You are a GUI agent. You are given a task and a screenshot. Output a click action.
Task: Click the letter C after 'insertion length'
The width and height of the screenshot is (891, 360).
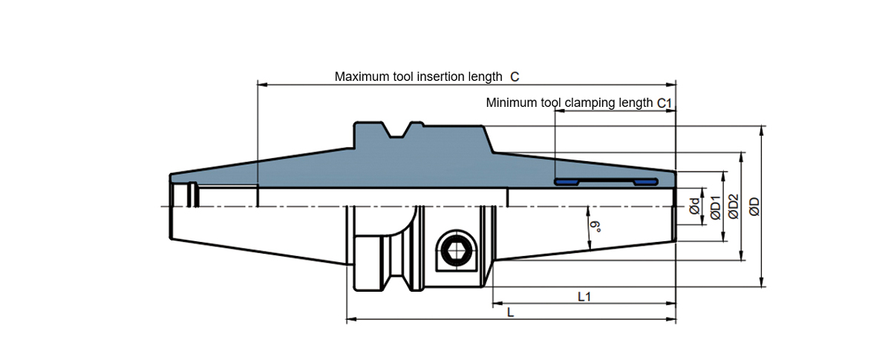click(x=515, y=76)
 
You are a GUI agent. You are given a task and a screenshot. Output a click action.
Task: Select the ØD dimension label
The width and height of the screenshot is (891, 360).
click(x=754, y=206)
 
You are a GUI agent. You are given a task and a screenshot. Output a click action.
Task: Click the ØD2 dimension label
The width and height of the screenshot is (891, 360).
click(x=733, y=206)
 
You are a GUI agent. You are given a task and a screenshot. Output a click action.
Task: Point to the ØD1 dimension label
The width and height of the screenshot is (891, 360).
click(x=714, y=208)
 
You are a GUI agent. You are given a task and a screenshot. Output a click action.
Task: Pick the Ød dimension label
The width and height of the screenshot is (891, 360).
click(x=694, y=208)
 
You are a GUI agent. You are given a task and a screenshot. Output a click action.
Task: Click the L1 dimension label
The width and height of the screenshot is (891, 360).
click(x=584, y=296)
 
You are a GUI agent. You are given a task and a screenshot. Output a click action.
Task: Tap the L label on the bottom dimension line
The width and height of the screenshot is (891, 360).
click(x=509, y=313)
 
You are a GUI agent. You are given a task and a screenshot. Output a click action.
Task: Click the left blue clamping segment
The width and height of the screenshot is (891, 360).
click(x=569, y=181)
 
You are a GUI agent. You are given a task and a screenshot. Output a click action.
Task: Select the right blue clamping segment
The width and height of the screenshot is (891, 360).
click(x=645, y=181)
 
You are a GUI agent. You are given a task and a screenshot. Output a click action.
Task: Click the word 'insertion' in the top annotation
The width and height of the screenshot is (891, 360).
click(x=438, y=76)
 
